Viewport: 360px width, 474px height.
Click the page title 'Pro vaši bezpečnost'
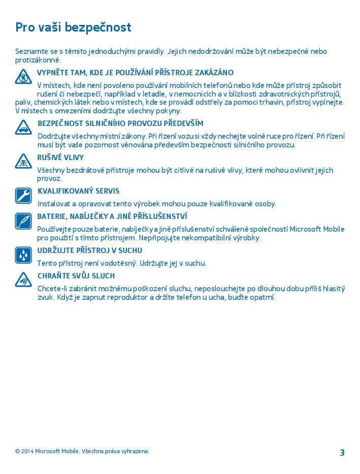(x=73, y=27)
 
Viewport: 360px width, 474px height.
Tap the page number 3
(x=342, y=453)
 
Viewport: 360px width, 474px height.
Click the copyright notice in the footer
(x=82, y=451)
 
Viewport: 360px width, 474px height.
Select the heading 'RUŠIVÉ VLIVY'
(x=60, y=157)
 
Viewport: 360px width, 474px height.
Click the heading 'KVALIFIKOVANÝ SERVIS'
(x=78, y=191)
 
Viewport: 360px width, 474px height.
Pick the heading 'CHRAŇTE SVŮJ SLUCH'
(x=76, y=276)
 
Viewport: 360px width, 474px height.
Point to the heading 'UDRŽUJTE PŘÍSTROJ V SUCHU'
(x=89, y=250)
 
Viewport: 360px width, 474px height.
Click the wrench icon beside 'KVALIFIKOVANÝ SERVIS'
(x=23, y=196)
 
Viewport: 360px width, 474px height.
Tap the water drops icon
(x=23, y=255)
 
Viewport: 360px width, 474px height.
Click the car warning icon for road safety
(x=23, y=127)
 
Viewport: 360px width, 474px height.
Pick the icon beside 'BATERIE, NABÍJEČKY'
(x=23, y=221)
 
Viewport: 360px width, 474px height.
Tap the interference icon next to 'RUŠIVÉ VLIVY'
(x=23, y=161)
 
